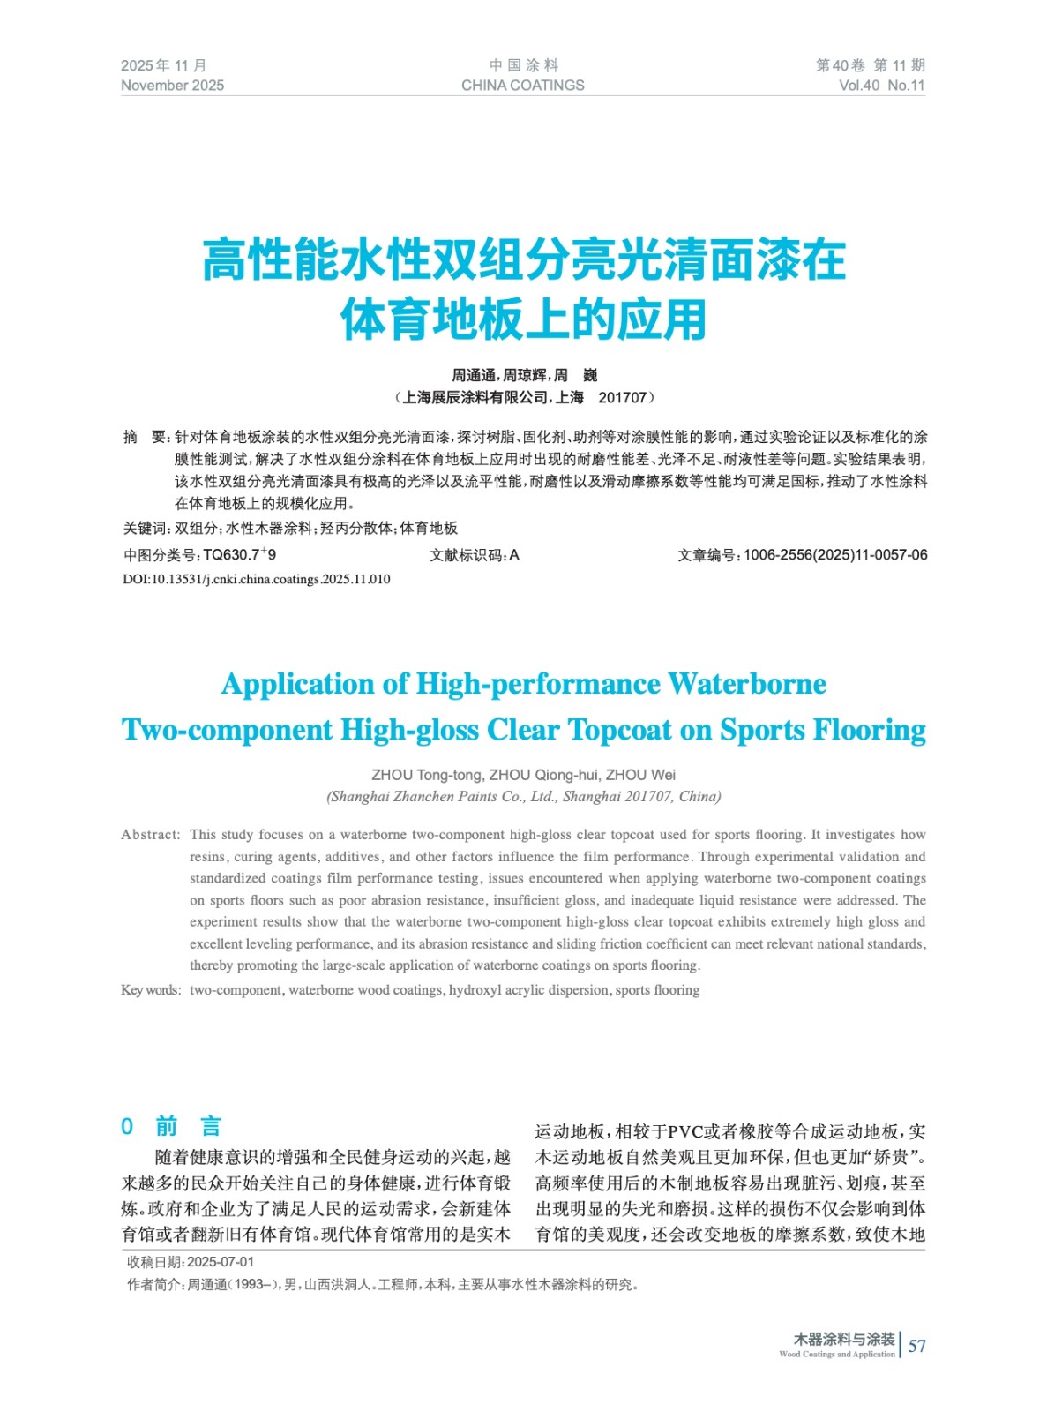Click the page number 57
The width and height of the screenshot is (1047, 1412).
[x=916, y=1346]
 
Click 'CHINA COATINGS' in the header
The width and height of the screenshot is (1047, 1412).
[x=522, y=86]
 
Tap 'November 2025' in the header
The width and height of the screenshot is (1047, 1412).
[x=172, y=86]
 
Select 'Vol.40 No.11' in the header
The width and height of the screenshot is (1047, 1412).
[x=881, y=86]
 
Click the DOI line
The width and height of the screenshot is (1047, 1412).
[x=256, y=579]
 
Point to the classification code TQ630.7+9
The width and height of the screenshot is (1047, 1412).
[x=239, y=554]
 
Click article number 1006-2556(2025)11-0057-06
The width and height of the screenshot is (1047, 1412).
[x=834, y=554]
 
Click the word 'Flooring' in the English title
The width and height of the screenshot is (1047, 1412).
[x=869, y=730]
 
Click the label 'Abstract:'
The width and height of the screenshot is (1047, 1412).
[x=150, y=834]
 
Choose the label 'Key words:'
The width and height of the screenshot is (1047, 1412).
[x=151, y=990]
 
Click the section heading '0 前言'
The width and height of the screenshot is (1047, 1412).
[x=171, y=1126]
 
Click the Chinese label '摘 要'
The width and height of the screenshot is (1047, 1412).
[x=145, y=437]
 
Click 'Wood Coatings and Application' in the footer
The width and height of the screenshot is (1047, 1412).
[x=836, y=1354]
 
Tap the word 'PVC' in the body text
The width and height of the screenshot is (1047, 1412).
[x=684, y=1132]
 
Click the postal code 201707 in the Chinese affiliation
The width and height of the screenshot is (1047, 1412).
[x=622, y=398]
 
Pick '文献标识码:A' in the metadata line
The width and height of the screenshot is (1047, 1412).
[x=474, y=554]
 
